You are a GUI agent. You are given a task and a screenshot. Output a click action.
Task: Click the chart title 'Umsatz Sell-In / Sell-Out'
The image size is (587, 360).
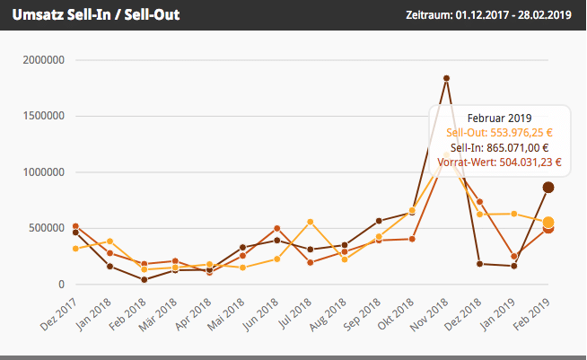pyautogui.click(x=96, y=15)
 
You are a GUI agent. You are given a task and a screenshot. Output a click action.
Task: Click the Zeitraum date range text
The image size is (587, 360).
pyautogui.click(x=488, y=15)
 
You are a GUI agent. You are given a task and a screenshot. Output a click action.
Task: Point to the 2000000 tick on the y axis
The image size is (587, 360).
pyautogui.click(x=41, y=60)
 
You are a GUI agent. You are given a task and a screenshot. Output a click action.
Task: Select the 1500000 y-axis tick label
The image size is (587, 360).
pyautogui.click(x=41, y=117)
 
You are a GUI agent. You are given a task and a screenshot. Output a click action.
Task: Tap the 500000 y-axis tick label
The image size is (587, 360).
pyautogui.click(x=44, y=228)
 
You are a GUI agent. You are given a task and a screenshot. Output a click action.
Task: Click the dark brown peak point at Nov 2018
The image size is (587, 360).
pyautogui.click(x=446, y=78)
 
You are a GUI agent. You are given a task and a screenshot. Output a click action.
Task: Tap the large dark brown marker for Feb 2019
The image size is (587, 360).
pyautogui.click(x=548, y=187)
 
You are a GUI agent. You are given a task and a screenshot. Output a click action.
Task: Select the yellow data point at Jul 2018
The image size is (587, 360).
pyautogui.click(x=311, y=222)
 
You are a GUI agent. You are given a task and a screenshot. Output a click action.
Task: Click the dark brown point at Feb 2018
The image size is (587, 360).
pyautogui.click(x=144, y=279)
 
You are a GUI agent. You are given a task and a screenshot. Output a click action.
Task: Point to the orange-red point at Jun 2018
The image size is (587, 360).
pyautogui.click(x=277, y=228)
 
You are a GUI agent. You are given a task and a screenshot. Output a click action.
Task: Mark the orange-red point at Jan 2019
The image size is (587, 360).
pyautogui.click(x=514, y=257)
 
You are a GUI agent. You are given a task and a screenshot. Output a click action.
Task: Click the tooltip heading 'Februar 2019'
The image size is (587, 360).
pyautogui.click(x=500, y=118)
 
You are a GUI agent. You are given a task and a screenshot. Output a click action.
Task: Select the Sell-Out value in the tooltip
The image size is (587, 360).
pyautogui.click(x=500, y=133)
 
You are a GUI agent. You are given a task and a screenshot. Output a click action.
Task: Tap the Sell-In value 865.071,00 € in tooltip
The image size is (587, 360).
pyautogui.click(x=500, y=148)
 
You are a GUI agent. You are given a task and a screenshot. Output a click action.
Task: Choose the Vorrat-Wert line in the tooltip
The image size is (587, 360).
pyautogui.click(x=500, y=162)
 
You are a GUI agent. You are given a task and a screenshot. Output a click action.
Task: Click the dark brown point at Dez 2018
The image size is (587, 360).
pyautogui.click(x=480, y=264)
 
